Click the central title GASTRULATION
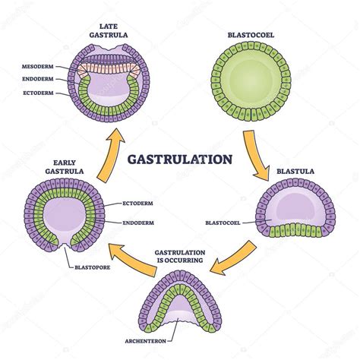[179, 160]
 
